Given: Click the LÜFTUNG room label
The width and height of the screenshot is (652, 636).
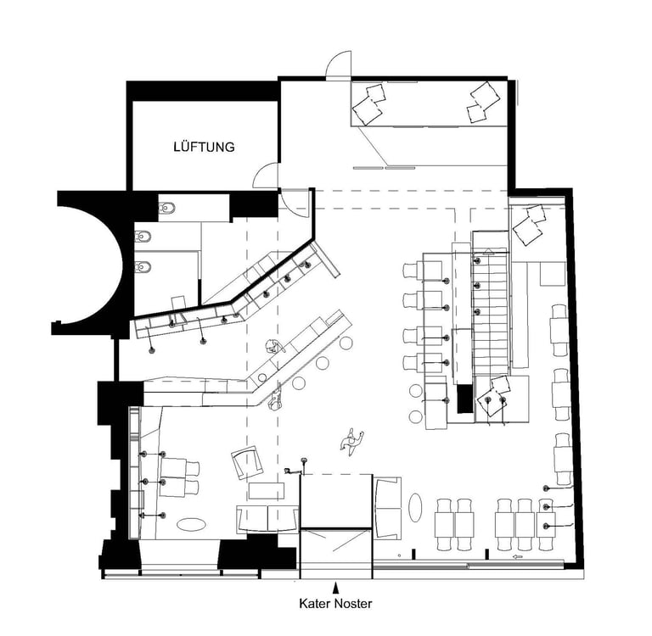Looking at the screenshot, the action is point(204,147).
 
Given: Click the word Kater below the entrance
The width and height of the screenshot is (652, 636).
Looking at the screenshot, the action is point(315,603).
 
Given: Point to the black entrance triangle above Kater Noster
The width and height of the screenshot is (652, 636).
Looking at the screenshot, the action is point(335,588).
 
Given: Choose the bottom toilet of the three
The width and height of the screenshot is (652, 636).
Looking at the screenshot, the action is point(143,266).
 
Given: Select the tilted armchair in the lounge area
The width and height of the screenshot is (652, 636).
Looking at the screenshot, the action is point(248,463).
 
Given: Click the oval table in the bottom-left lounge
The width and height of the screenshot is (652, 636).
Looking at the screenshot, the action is point(191,524).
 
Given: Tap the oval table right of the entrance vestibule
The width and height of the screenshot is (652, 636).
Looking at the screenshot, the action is point(415,507).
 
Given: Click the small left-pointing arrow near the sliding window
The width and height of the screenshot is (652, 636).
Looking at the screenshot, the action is point(518,556).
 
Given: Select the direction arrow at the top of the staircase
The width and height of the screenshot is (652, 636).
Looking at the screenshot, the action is point(489,250).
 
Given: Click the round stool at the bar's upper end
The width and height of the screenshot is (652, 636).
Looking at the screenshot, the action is point(346,343).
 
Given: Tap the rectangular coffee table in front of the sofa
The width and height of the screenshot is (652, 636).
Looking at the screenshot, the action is point(267,491).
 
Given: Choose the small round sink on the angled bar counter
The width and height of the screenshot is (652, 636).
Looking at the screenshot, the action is point(262,377).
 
